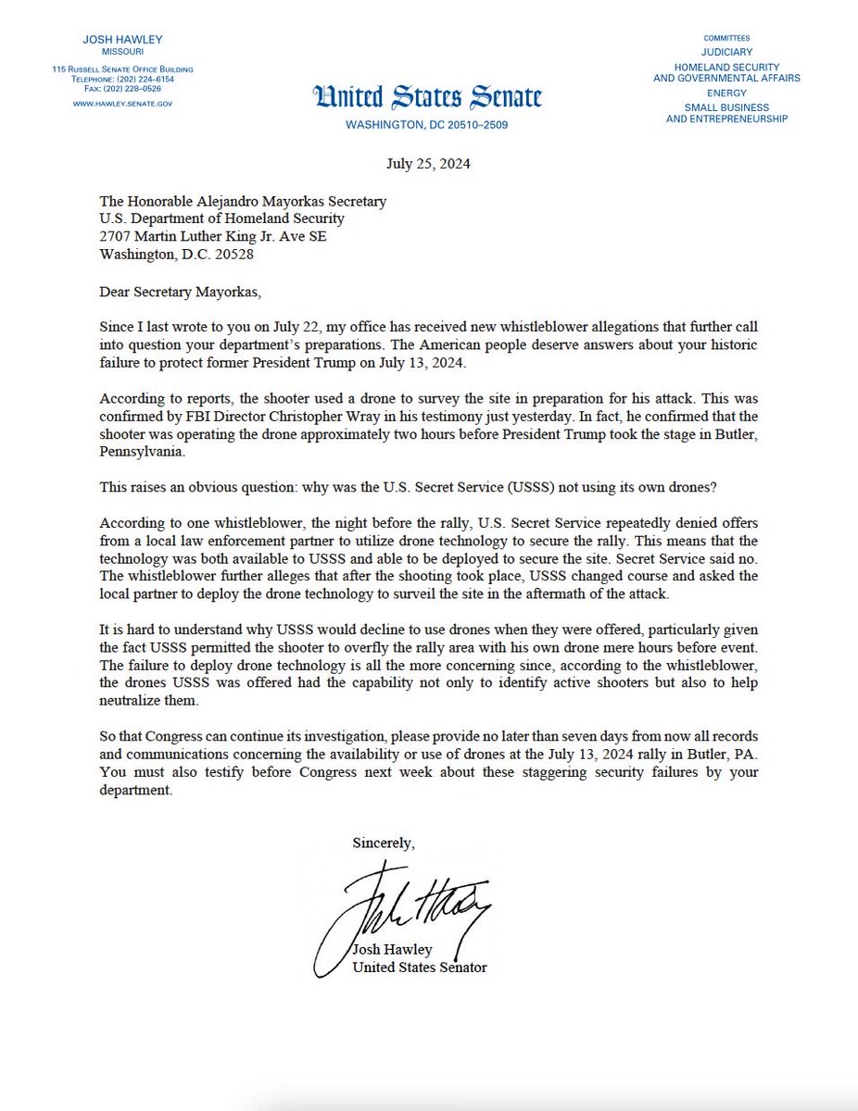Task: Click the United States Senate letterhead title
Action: (x=427, y=97)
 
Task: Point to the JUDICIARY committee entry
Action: (x=726, y=52)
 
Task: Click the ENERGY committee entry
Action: (x=726, y=93)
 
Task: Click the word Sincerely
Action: (x=384, y=843)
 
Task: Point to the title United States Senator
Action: (x=420, y=967)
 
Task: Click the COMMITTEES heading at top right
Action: (x=726, y=38)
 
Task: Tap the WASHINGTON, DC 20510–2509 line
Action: (x=427, y=125)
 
